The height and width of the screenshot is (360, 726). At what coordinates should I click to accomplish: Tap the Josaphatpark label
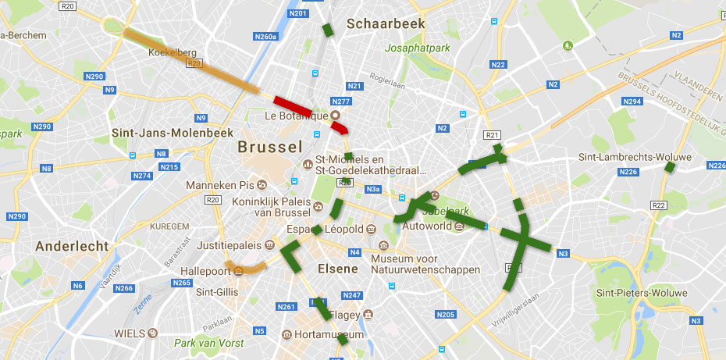[418, 48]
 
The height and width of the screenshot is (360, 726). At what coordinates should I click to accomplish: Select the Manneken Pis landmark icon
[262, 185]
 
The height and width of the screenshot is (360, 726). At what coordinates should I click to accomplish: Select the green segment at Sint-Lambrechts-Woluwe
[669, 166]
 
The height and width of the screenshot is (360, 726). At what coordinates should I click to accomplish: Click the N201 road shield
[297, 13]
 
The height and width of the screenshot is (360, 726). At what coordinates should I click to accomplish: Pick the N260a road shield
[265, 37]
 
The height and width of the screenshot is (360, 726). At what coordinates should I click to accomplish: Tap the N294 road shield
[632, 102]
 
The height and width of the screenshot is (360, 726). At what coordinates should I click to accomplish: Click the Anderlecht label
[72, 245]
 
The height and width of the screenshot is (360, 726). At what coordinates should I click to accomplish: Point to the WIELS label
[130, 333]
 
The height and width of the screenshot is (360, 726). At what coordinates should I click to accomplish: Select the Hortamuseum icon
[286, 334]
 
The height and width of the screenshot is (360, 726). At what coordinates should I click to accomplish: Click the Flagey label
[344, 315]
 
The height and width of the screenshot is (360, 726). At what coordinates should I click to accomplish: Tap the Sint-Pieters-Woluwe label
[641, 293]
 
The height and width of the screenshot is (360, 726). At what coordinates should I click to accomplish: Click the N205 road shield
[446, 315]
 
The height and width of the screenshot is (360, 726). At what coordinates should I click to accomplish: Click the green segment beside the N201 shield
[328, 30]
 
